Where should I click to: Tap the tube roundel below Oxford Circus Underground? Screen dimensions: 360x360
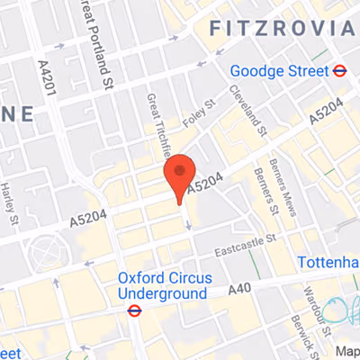click(x=135, y=311)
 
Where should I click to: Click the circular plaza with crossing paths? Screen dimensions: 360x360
click(x=42, y=251)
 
